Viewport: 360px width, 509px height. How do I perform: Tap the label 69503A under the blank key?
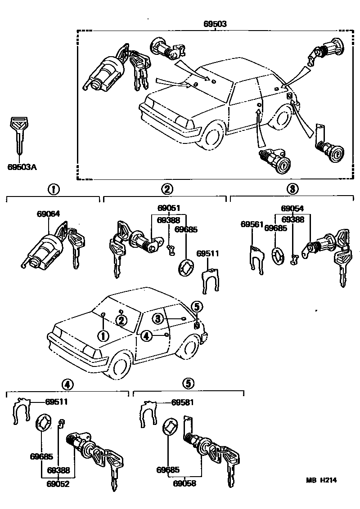[x=22, y=167]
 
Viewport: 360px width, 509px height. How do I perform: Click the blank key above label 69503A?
[x=18, y=133]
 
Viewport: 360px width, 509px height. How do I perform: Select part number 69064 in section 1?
[x=48, y=214]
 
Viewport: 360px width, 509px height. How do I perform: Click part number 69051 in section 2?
[x=169, y=208]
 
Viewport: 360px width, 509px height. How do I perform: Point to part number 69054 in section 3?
[x=292, y=209]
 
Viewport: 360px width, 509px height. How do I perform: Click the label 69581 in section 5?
[x=183, y=402]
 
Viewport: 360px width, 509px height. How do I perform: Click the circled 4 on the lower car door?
[x=146, y=335]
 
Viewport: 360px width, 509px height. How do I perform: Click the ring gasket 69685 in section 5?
[x=170, y=426]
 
